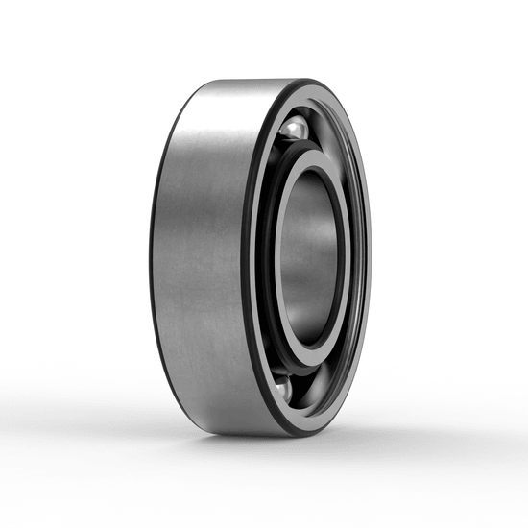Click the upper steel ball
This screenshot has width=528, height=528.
click(294, 129)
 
